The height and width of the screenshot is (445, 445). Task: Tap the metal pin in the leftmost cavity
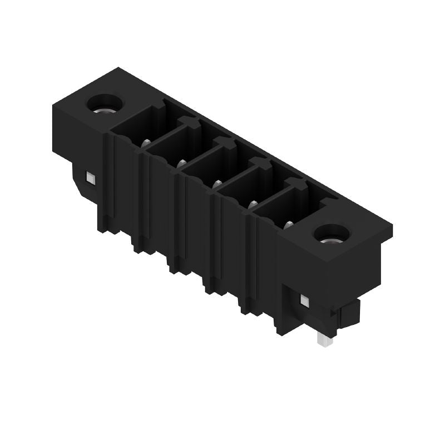pos(145,143)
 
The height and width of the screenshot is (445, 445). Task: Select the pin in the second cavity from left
pos(181,163)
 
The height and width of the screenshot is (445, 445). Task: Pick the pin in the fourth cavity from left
pos(252,204)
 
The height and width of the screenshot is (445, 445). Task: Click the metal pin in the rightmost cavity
pos(288,224)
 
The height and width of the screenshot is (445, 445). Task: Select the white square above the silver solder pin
pos(304,300)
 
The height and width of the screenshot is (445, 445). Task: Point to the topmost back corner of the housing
pos(118,68)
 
